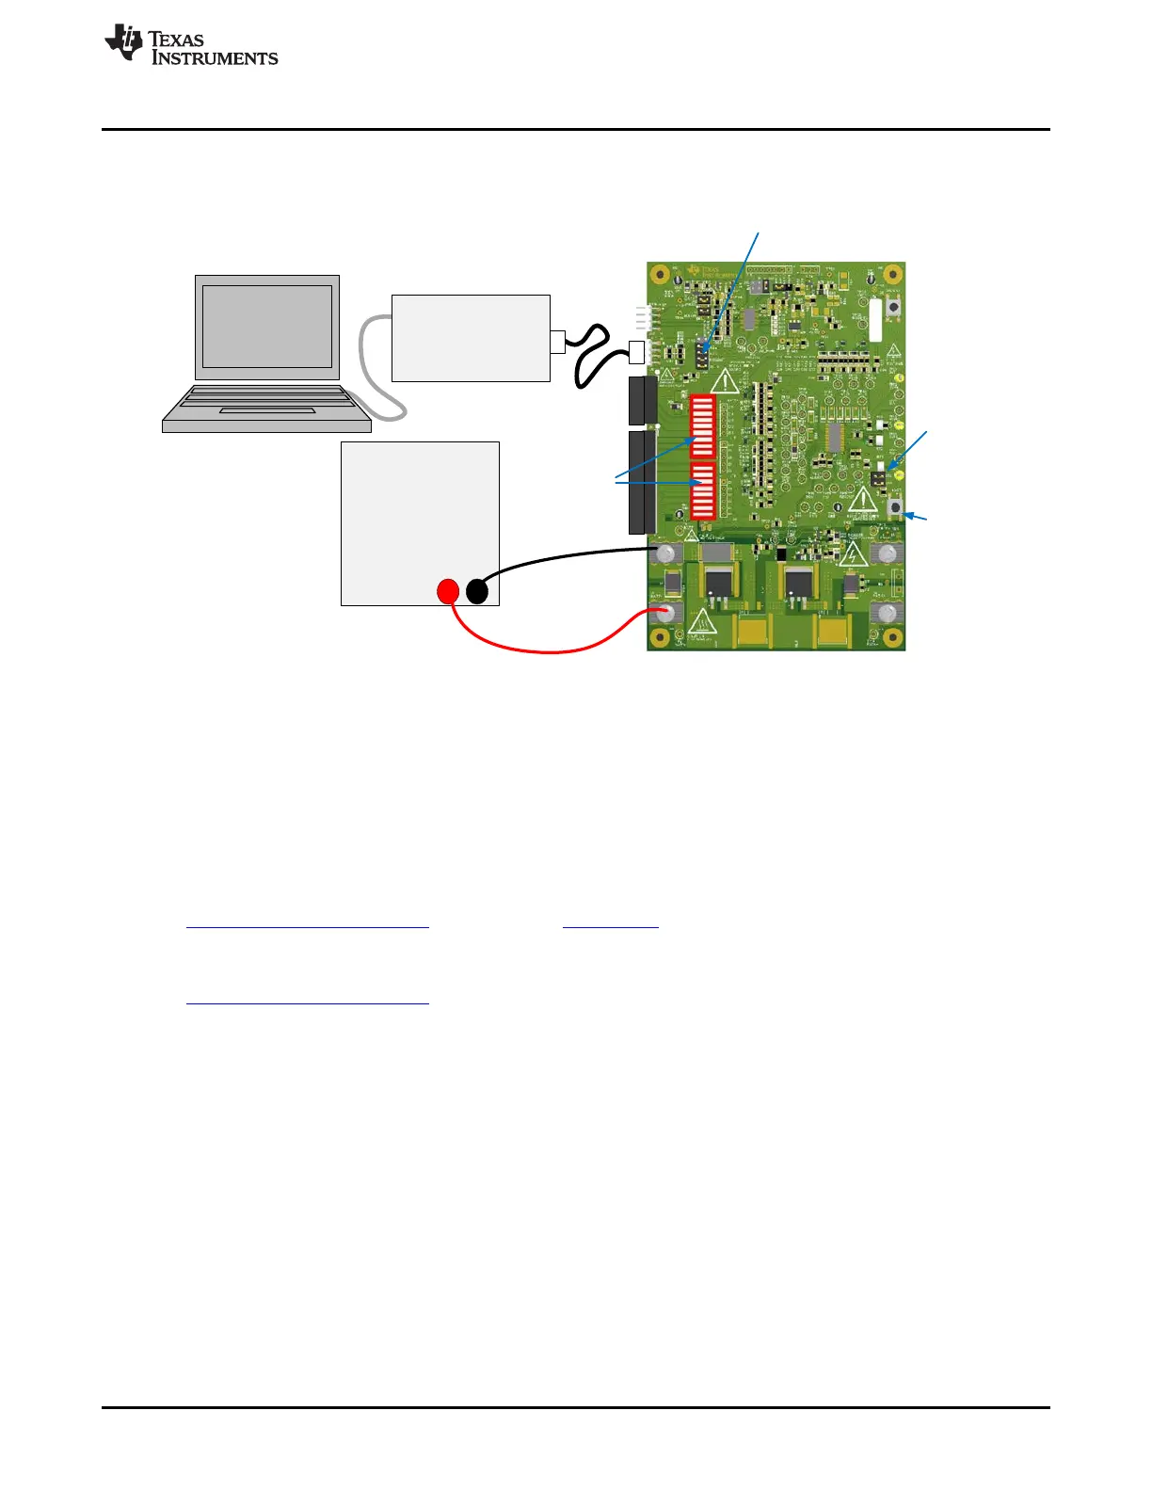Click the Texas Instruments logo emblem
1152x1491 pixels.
pyautogui.click(x=123, y=43)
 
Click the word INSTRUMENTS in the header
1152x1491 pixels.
pyautogui.click(x=216, y=58)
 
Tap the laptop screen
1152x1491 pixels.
pyautogui.click(x=267, y=326)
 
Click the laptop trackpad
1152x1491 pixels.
pyautogui.click(x=267, y=410)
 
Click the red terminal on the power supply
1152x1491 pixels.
pyautogui.click(x=448, y=591)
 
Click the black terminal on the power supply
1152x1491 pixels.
pyautogui.click(x=477, y=591)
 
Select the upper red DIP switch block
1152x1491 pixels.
pyautogui.click(x=703, y=426)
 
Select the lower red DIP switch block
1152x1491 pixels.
pyautogui.click(x=703, y=490)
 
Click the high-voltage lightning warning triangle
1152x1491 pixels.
pyautogui.click(x=853, y=554)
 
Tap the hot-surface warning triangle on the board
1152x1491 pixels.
pyautogui.click(x=702, y=621)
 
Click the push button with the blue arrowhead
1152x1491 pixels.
pyautogui.click(x=895, y=509)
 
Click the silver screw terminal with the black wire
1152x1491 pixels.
pyautogui.click(x=666, y=553)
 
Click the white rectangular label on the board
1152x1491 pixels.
pyautogui.click(x=875, y=320)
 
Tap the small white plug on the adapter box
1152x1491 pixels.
pyautogui.click(x=557, y=341)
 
